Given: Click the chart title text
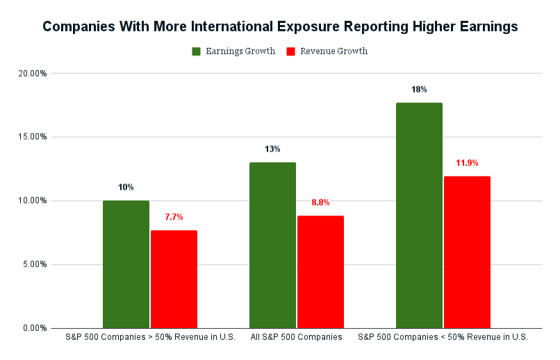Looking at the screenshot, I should (x=279, y=27).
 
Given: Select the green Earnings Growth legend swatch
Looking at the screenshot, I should (x=197, y=51).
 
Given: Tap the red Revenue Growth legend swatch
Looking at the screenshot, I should (x=291, y=51).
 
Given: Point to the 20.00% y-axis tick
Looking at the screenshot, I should (x=33, y=73).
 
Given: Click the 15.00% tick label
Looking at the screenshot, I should (x=33, y=137).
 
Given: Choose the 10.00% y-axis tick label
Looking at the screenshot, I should (x=33, y=201).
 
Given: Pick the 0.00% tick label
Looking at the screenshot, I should (x=34, y=328).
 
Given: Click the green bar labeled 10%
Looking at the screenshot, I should (x=126, y=264).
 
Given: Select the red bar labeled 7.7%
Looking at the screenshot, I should (x=174, y=279).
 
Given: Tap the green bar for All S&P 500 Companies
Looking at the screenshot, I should (x=272, y=245).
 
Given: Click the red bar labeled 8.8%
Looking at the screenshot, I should (x=320, y=272).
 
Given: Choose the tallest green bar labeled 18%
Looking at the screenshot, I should (x=419, y=215).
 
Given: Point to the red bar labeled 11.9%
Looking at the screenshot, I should (x=467, y=252).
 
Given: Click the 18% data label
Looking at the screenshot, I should (x=419, y=90).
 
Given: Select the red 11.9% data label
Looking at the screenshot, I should (x=467, y=163).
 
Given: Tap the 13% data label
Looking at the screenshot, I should (x=272, y=149).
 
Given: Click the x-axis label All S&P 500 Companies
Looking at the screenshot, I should (x=296, y=338).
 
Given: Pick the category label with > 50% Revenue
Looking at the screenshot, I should (x=149, y=338).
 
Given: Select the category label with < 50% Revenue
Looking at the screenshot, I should (x=443, y=338).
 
